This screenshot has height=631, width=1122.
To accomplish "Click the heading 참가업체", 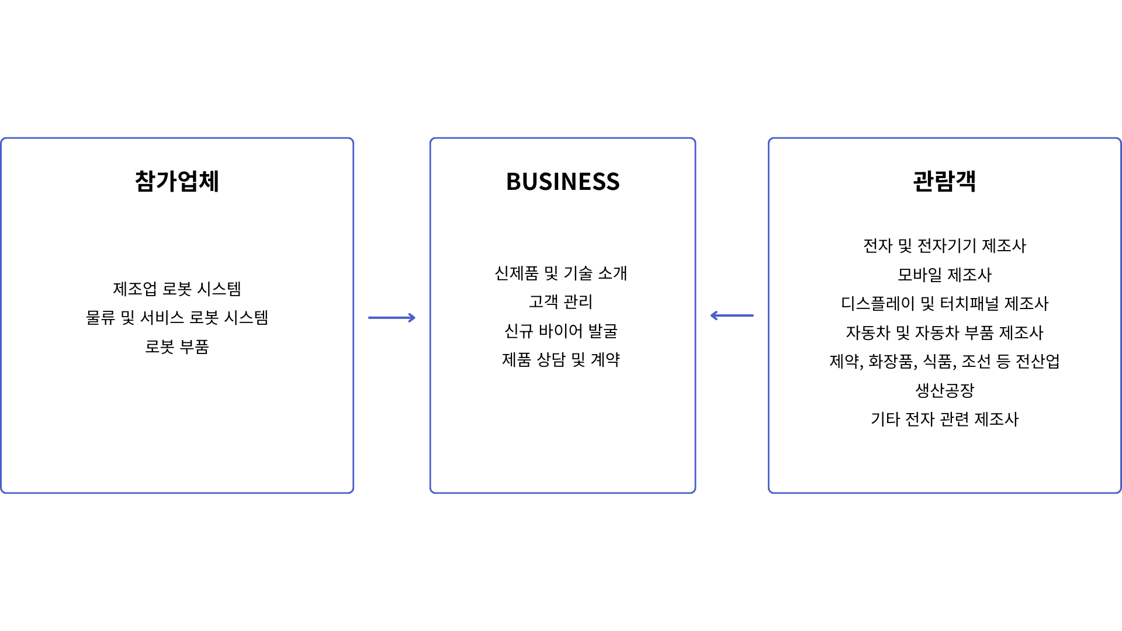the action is pyautogui.click(x=177, y=181).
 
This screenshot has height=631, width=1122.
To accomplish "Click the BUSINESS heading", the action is pyautogui.click(x=563, y=182).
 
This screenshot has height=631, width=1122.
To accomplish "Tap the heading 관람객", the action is pyautogui.click(x=944, y=181).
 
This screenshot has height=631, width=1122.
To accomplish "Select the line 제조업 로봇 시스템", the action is pyautogui.click(x=177, y=289).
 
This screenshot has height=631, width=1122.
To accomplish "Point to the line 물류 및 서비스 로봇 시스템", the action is pyautogui.click(x=177, y=317).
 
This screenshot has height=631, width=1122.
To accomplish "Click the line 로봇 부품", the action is pyautogui.click(x=177, y=346).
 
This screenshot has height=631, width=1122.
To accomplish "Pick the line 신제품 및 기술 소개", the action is pyautogui.click(x=561, y=273).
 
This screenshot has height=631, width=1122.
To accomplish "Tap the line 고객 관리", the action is pyautogui.click(x=561, y=301).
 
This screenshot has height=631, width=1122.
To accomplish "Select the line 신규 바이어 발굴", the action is pyautogui.click(x=561, y=331).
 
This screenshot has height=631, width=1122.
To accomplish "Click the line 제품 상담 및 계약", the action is pyautogui.click(x=561, y=359).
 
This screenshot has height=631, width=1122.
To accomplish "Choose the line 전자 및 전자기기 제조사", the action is pyautogui.click(x=945, y=245).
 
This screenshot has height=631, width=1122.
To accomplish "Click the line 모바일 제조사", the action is pyautogui.click(x=945, y=275).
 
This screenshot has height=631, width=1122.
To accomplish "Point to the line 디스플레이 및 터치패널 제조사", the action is pyautogui.click(x=945, y=303).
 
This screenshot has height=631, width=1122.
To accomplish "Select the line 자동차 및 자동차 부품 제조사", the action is pyautogui.click(x=945, y=332).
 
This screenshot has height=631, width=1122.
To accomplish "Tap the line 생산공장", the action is pyautogui.click(x=945, y=390).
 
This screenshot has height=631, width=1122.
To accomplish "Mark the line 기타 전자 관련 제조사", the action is pyautogui.click(x=945, y=419).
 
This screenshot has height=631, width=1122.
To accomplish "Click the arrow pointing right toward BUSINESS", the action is pyautogui.click(x=392, y=318).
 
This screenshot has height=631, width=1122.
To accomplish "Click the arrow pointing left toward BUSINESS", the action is pyautogui.click(x=732, y=315).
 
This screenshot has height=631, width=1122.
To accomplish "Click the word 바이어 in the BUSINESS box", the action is pyautogui.click(x=561, y=331).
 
